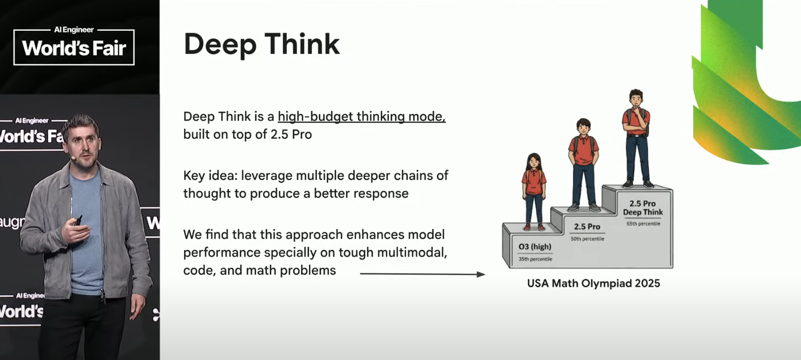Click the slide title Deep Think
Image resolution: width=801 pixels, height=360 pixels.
pyautogui.click(x=261, y=44)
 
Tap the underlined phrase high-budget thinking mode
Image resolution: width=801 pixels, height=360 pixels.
pyautogui.click(x=361, y=116)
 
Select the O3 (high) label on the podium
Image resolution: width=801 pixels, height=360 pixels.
pyautogui.click(x=535, y=246)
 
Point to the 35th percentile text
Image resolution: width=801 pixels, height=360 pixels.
pyautogui.click(x=535, y=259)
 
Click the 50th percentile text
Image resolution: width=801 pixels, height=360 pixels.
pyautogui.click(x=587, y=239)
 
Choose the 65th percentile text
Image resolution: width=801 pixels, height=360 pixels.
pyautogui.click(x=643, y=224)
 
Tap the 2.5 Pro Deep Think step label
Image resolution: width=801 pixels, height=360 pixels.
pyautogui.click(x=643, y=208)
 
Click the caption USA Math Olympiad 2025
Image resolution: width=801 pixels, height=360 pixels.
pyautogui.click(x=594, y=284)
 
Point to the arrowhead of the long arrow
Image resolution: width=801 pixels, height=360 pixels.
pyautogui.click(x=481, y=274)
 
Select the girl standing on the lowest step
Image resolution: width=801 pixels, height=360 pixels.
pyautogui.click(x=534, y=191)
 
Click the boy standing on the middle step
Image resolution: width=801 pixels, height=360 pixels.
pyautogui.click(x=583, y=165)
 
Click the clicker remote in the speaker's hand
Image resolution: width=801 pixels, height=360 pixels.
pyautogui.click(x=78, y=221)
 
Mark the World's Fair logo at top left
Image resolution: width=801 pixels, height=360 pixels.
pyautogui.click(x=74, y=46)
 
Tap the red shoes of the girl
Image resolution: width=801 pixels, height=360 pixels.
pyautogui.click(x=534, y=227)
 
